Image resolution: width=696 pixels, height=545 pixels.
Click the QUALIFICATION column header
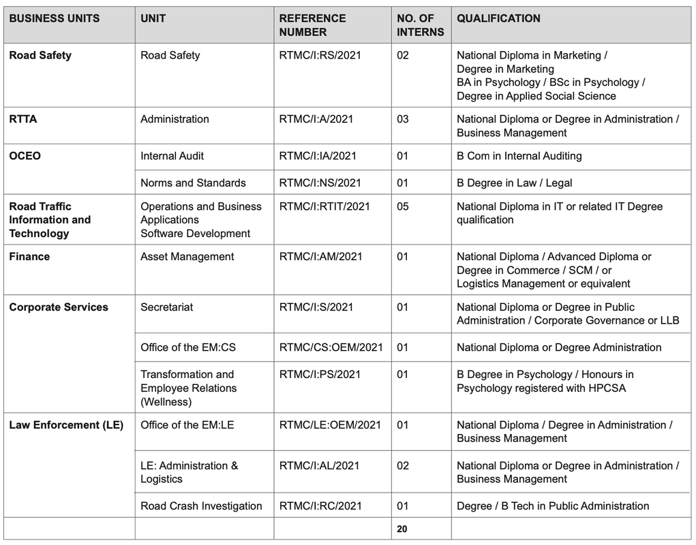[498, 19]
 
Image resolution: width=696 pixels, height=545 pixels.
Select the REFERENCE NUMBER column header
[312, 25]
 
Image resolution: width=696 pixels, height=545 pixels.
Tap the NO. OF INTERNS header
[420, 25]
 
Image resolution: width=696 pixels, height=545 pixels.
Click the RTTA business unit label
[23, 119]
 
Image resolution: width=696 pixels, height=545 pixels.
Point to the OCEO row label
[25, 156]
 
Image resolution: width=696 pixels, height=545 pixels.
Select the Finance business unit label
[29, 257]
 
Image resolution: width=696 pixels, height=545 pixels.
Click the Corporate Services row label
[59, 307]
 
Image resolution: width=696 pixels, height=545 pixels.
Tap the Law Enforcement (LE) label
[66, 425]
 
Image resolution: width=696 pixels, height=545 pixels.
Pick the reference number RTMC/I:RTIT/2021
[324, 206]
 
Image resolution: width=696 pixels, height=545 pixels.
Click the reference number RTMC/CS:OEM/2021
[331, 347]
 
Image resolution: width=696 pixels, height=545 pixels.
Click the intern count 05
[403, 206]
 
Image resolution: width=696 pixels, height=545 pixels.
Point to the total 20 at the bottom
[402, 529]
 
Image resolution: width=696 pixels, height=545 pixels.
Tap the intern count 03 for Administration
[403, 119]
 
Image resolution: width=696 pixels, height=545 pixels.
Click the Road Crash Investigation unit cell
[201, 506]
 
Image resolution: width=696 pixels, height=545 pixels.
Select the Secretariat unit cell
[166, 307]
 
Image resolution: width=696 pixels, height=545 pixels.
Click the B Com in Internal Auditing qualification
[519, 156]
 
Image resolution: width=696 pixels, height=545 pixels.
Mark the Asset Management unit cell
[187, 257]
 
